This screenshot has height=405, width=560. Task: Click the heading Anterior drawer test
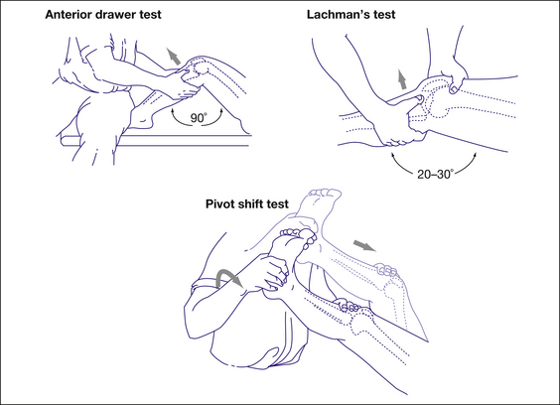click(x=103, y=14)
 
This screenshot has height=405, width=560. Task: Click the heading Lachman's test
click(x=351, y=14)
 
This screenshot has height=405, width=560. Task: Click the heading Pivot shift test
click(x=247, y=203)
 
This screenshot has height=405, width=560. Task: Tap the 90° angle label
click(x=198, y=117)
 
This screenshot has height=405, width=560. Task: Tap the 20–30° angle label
click(x=435, y=174)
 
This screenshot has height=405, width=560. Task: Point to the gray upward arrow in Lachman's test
click(x=402, y=79)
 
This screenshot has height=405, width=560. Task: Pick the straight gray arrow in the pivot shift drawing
click(x=364, y=246)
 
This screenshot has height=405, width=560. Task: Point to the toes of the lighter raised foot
click(x=323, y=194)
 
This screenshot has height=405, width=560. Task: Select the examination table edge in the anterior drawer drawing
click(x=156, y=140)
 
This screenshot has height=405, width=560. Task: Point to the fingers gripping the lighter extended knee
click(x=385, y=270)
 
